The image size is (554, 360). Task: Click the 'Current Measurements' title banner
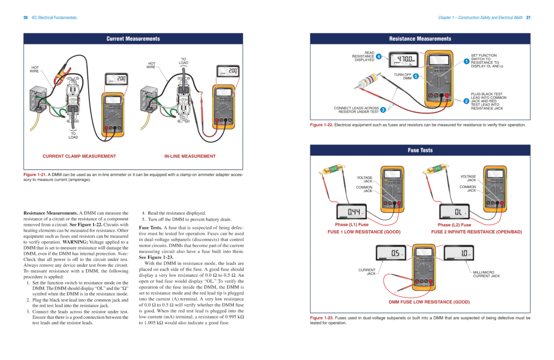click(133, 39)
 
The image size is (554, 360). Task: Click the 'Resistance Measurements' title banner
click(420, 39)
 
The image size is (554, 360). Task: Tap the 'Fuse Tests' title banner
click(420, 150)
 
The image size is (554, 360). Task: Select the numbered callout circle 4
click(379, 56)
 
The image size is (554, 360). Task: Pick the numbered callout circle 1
click(466, 61)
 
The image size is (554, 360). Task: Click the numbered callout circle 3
click(382, 110)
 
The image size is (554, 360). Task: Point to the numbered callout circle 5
click(416, 76)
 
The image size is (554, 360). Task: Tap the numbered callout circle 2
click(466, 101)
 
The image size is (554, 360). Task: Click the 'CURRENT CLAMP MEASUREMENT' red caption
click(79, 156)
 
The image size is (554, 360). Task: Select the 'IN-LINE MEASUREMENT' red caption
click(190, 156)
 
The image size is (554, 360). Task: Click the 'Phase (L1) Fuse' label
click(352, 225)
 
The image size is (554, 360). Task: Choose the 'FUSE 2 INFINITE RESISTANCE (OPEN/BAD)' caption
click(477, 232)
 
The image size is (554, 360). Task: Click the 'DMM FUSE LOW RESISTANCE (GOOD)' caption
click(421, 302)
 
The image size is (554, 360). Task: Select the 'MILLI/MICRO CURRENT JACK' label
click(486, 274)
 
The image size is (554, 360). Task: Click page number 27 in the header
click(528, 17)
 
